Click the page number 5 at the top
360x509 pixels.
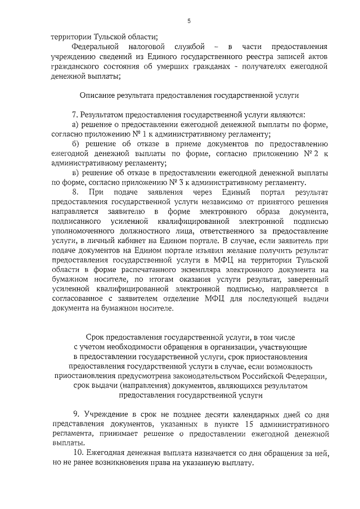[189, 21]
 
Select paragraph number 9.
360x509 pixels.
[76, 415]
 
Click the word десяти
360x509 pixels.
[218, 415]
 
